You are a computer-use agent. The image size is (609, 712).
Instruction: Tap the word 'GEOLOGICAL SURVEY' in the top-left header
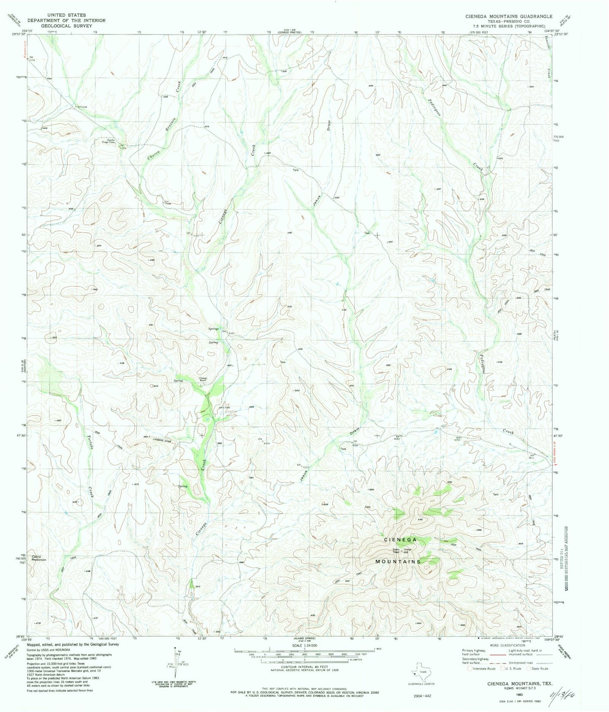coord(66,25)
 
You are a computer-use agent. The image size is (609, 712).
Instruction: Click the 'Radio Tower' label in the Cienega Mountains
coord(396,551)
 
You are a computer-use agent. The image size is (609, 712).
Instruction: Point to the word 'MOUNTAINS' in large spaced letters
coord(398,562)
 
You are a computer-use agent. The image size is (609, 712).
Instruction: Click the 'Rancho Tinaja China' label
coord(108,141)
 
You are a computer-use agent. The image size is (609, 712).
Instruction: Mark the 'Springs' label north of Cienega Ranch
coord(213,329)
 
